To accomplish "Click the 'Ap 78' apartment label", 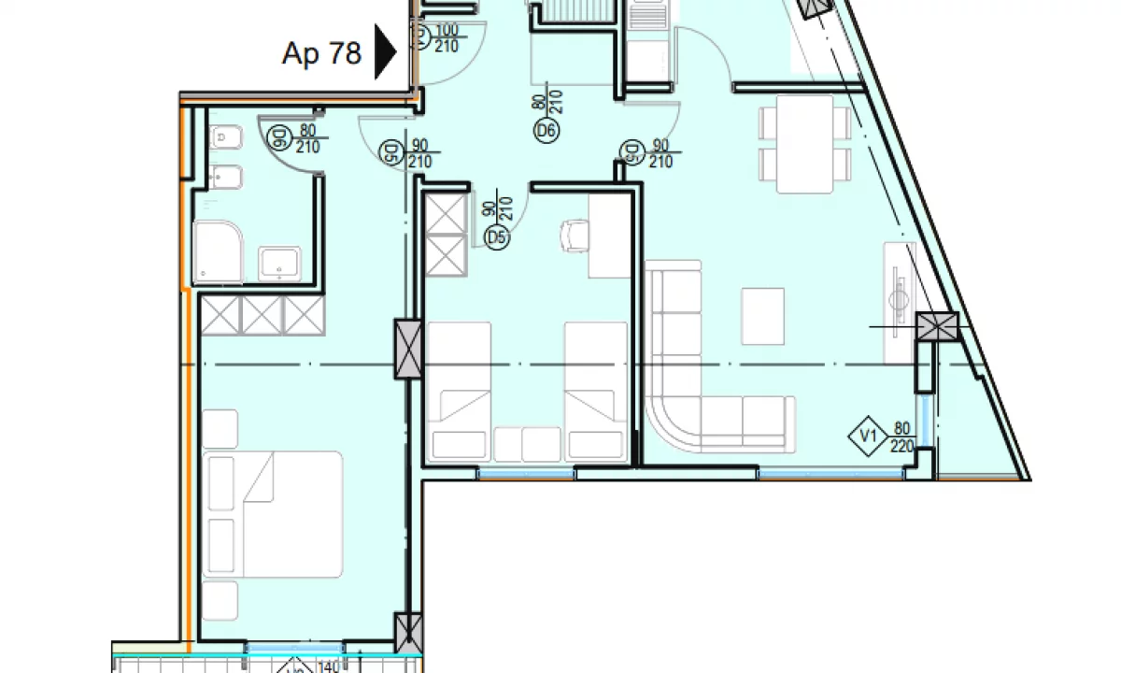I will click(x=321, y=53).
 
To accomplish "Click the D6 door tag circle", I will click(x=546, y=132).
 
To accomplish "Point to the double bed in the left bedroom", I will click(x=273, y=514).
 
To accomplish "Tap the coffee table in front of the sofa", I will click(x=762, y=316).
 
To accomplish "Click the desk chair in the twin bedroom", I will click(x=575, y=235).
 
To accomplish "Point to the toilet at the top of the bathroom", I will click(x=225, y=138).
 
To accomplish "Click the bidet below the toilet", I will click(x=225, y=177).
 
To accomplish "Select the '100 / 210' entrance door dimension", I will click(x=447, y=38).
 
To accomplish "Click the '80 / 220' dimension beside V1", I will click(x=901, y=437).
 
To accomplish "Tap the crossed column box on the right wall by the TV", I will click(x=937, y=326).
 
